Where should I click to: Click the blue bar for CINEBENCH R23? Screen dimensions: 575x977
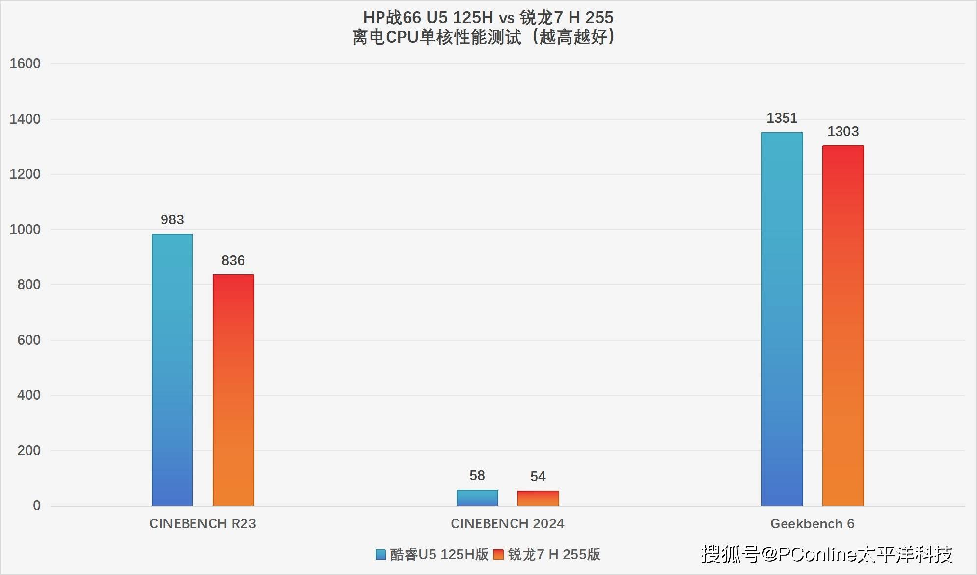[172, 370]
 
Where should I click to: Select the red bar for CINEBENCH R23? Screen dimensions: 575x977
[233, 390]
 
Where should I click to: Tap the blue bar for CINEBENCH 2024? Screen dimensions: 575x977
[477, 498]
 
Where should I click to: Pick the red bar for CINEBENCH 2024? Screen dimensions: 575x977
[538, 498]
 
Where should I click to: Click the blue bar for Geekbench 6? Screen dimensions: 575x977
[782, 319]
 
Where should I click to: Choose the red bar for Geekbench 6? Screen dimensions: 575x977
[843, 326]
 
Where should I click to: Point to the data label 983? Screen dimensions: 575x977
[172, 219]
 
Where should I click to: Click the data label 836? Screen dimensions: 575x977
[233, 260]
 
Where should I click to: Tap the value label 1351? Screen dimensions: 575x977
[782, 118]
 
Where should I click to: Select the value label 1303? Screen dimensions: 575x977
[843, 131]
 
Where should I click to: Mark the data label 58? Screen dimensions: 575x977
[477, 475]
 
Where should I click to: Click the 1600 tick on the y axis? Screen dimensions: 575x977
[25, 63]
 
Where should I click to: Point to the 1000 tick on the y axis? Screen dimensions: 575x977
[25, 229]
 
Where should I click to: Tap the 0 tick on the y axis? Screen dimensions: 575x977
[37, 505]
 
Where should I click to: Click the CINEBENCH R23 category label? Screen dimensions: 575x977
[203, 523]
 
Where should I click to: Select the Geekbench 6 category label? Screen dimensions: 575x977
[813, 523]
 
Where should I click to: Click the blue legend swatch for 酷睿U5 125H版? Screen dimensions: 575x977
[380, 554]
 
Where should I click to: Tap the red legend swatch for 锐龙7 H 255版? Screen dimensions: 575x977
[498, 554]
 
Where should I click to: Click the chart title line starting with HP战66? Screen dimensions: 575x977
[488, 18]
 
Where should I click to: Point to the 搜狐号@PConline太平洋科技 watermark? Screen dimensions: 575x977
[827, 554]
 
